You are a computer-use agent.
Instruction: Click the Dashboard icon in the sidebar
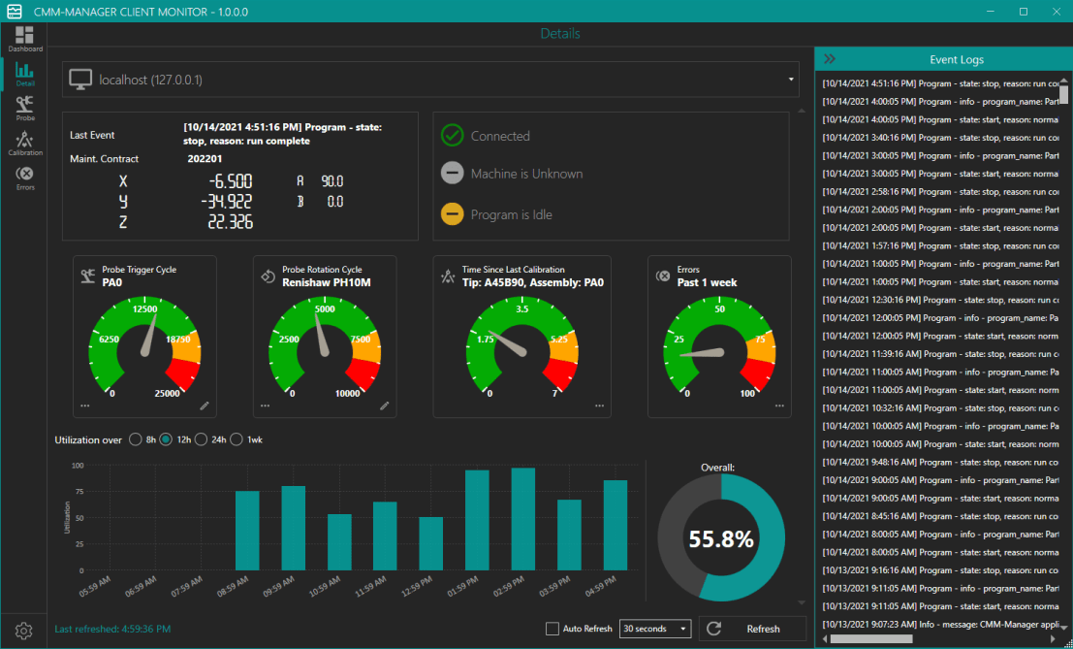pyautogui.click(x=25, y=37)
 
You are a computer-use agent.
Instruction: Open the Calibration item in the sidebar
pyautogui.click(x=25, y=142)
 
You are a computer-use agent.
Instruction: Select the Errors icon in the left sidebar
pyautogui.click(x=25, y=176)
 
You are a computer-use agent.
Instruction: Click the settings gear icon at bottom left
pyautogui.click(x=24, y=631)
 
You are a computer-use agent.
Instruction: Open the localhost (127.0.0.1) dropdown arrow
pyautogui.click(x=791, y=80)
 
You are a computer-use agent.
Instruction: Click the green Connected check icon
pyautogui.click(x=452, y=136)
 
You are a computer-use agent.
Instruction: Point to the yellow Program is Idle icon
pyautogui.click(x=452, y=214)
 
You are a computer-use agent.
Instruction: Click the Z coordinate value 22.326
pyautogui.click(x=230, y=222)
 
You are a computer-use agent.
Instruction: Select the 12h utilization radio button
pyautogui.click(x=167, y=439)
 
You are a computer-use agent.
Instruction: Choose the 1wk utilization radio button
pyautogui.click(x=237, y=439)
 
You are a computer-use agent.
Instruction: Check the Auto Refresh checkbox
pyautogui.click(x=552, y=629)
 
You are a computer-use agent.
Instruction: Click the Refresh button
pyautogui.click(x=752, y=629)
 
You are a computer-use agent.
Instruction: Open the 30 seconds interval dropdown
pyautogui.click(x=655, y=629)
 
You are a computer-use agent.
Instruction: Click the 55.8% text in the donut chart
pyautogui.click(x=721, y=539)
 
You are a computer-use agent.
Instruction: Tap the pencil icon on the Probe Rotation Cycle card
pyautogui.click(x=385, y=406)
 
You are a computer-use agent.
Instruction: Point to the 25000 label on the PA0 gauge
pyautogui.click(x=167, y=393)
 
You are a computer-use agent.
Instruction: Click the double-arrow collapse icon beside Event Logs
pyautogui.click(x=830, y=59)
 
